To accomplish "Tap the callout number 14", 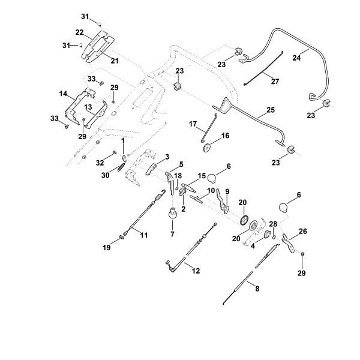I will click(x=63, y=94).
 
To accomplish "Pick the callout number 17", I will click(x=193, y=124).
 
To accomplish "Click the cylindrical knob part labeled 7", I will click(x=170, y=213).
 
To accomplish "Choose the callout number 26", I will click(x=302, y=231).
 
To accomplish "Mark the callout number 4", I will click(x=253, y=246).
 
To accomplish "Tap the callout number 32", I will click(x=100, y=163).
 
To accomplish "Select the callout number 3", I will click(x=167, y=156).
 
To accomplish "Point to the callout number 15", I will click(x=202, y=176).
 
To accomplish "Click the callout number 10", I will click(x=211, y=191).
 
